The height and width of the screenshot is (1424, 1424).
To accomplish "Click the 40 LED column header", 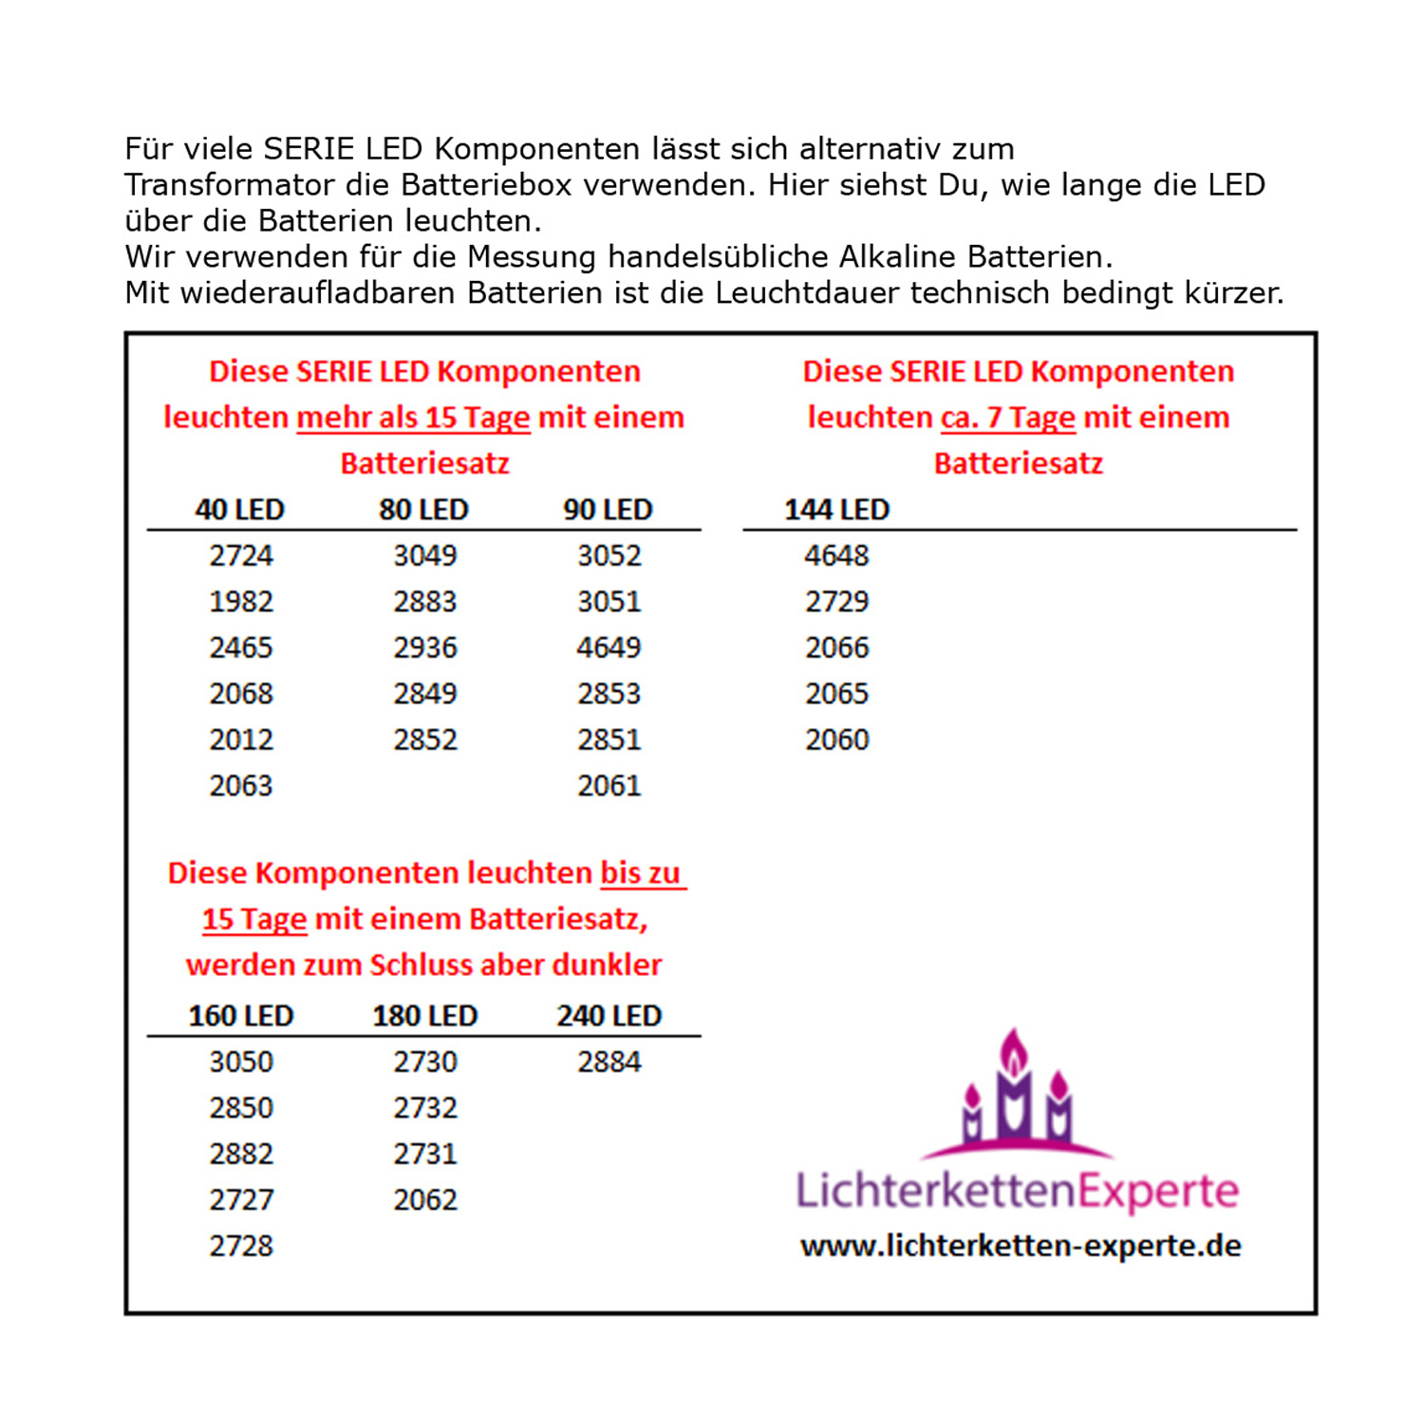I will [x=239, y=510].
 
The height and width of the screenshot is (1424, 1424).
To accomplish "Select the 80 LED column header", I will [x=423, y=510].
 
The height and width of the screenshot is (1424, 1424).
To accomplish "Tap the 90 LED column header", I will [x=608, y=510].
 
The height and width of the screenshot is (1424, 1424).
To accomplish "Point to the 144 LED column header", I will [x=836, y=510].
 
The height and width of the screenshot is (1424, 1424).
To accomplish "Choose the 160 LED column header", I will [x=240, y=1016].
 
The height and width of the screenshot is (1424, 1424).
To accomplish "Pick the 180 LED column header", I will [x=424, y=1016].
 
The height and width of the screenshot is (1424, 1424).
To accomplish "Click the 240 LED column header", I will [x=609, y=1016].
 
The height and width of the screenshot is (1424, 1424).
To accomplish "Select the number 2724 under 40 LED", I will [x=241, y=555].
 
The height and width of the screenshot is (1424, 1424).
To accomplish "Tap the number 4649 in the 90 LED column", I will [x=609, y=647].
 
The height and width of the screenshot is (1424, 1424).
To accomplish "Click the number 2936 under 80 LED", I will [x=425, y=647].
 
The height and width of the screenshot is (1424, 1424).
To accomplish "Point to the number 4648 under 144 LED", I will [x=836, y=555].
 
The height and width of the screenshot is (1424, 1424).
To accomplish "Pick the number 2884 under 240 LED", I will [x=609, y=1061].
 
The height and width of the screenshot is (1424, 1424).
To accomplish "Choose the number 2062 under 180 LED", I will [x=425, y=1200].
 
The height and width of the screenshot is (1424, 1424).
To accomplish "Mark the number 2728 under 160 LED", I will [x=241, y=1246].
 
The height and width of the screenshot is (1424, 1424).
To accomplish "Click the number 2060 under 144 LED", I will [x=836, y=740].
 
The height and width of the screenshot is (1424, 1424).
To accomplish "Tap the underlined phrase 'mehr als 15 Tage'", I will [x=413, y=418].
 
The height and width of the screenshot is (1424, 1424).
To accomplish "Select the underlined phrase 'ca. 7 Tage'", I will [x=1007, y=418].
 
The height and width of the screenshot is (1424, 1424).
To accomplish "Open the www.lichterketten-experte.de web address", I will [x=1021, y=1246].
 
